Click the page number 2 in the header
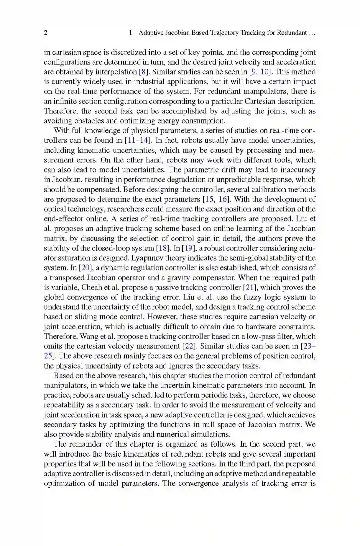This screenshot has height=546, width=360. pos(46,33)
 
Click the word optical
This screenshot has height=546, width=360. pos(54,209)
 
